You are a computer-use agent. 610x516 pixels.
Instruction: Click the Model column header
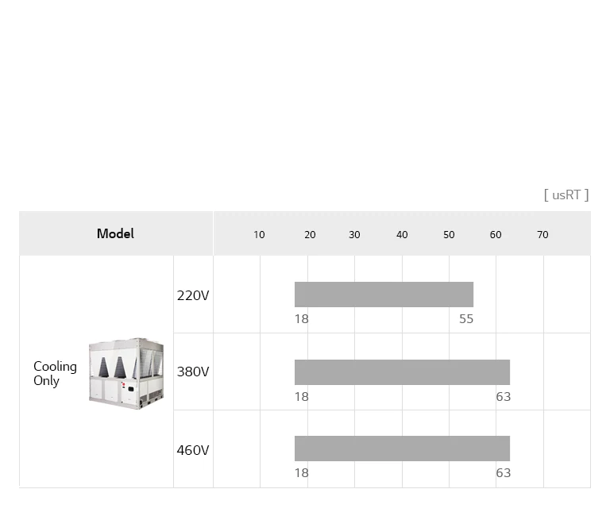115,233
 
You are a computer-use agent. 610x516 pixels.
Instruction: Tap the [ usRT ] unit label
566,194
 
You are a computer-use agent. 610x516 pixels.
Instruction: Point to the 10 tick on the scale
259,234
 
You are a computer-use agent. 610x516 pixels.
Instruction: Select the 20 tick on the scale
310,234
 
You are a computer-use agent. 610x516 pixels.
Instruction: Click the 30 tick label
354,234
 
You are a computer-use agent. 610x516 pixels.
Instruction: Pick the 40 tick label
402,234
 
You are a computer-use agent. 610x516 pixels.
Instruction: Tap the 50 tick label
449,234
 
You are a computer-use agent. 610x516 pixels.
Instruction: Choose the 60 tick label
496,234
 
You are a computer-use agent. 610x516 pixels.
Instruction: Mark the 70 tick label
542,234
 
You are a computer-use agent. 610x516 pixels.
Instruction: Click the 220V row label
193,295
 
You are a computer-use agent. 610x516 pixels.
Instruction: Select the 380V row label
193,372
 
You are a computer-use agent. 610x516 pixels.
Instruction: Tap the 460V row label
193,450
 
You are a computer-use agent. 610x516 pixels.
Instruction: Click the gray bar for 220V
384,295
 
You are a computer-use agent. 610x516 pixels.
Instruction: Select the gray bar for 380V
402,372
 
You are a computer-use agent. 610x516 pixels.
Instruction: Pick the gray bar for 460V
402,449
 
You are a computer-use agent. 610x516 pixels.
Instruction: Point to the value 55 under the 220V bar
466,318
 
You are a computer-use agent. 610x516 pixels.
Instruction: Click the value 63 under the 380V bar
503,396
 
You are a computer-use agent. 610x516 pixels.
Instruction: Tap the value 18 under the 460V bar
302,472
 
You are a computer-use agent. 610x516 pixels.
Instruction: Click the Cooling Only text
55,373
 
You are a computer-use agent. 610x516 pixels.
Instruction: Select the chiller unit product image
126,373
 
